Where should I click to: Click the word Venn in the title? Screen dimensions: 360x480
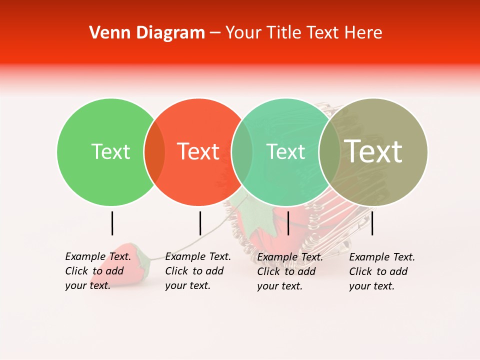pos(106,33)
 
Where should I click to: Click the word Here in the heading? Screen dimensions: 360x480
pos(363,33)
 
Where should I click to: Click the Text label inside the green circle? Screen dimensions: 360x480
pos(111,151)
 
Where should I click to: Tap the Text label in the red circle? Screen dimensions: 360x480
pos(198,151)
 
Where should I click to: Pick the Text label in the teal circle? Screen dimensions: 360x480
pos(286,151)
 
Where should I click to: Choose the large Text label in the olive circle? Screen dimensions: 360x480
pos(373,151)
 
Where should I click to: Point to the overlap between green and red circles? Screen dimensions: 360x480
pos(154,152)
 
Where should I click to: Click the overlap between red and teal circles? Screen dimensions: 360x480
pos(242,152)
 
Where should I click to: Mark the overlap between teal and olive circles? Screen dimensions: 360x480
pos(329,152)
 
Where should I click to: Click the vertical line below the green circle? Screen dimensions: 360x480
pos(112,223)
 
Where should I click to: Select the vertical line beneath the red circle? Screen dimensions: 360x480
pos(200,223)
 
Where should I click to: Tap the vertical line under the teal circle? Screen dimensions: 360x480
pos(288,223)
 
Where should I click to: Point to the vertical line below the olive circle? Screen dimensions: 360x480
pos(372,223)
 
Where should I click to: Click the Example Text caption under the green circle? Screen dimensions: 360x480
pos(97,271)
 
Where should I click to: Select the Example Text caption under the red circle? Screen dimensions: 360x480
pos(197,271)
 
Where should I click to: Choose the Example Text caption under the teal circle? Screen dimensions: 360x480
pos(289,271)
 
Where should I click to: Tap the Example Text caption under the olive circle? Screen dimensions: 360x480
pos(381,271)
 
